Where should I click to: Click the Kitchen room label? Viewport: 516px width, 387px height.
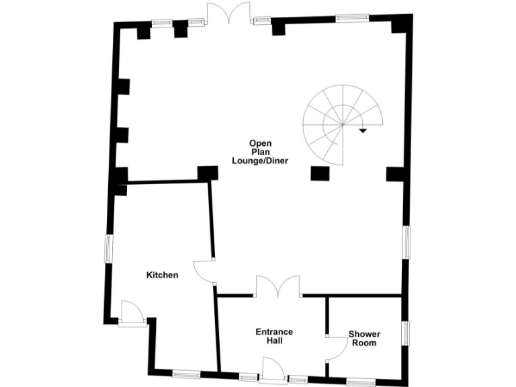162,275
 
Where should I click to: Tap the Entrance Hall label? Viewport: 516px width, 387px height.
273,336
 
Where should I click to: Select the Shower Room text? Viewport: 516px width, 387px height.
363,338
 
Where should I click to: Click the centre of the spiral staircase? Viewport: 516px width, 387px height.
342,125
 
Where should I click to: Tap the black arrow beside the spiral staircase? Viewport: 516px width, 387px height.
363,130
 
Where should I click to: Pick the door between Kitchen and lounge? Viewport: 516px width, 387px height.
204,270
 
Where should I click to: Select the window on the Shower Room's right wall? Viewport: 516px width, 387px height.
406,333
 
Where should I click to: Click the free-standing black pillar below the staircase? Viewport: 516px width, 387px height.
319,173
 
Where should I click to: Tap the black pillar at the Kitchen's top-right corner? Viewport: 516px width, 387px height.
208,172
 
